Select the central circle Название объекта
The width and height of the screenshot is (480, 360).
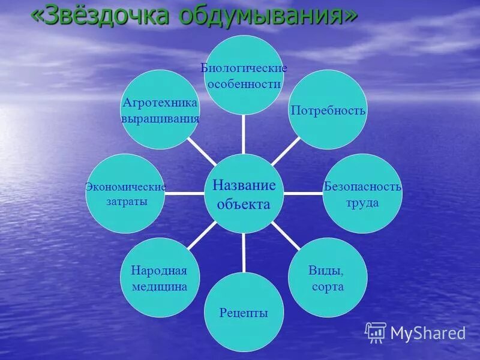[244, 194]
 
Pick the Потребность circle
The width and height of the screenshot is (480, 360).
[328, 110]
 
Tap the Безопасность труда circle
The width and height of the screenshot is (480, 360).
[362, 193]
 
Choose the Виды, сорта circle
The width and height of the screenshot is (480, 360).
[327, 277]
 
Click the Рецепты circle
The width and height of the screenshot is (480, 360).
[244, 313]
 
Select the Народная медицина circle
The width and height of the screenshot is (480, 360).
[160, 278]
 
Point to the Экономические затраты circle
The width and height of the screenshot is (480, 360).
[125, 193]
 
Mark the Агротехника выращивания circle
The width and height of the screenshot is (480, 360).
[160, 110]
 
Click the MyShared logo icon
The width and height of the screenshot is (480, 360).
[376, 332]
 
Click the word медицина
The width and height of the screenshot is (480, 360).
[160, 287]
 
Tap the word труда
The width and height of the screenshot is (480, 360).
[362, 203]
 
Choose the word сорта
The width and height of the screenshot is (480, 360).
[328, 287]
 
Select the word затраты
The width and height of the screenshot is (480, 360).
[126, 202]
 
